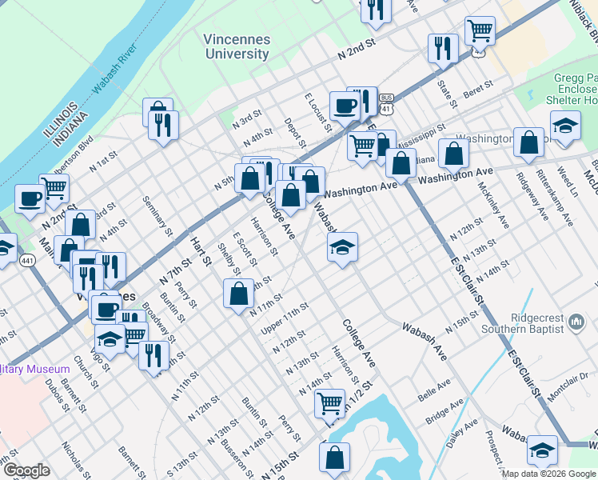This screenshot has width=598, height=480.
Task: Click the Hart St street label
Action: (x=199, y=250)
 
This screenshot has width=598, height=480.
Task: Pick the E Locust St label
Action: (x=317, y=110)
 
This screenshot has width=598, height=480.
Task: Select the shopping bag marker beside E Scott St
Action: (x=240, y=294)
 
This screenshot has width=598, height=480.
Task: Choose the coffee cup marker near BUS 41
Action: (x=345, y=105)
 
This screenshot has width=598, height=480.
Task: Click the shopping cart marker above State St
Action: (x=479, y=31)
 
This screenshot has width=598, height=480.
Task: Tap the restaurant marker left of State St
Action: (x=441, y=48)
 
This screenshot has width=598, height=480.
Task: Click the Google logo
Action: (x=26, y=470)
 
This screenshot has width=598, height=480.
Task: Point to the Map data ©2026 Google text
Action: (x=548, y=474)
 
